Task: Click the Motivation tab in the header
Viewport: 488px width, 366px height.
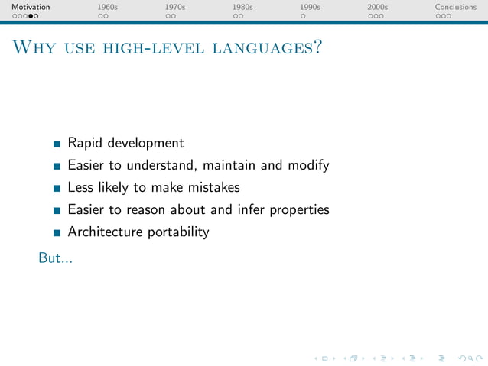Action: point(31,7)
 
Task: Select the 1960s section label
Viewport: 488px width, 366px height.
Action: point(107,7)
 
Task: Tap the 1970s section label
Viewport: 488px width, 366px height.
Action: point(175,7)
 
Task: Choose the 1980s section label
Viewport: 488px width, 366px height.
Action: point(242,7)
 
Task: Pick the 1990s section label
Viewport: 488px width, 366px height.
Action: point(310,7)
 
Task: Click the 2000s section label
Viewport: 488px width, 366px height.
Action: point(377,7)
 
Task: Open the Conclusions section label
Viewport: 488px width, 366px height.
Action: point(455,7)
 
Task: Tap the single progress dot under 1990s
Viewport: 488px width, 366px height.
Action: point(303,15)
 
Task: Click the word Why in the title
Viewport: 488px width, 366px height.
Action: point(30,48)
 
